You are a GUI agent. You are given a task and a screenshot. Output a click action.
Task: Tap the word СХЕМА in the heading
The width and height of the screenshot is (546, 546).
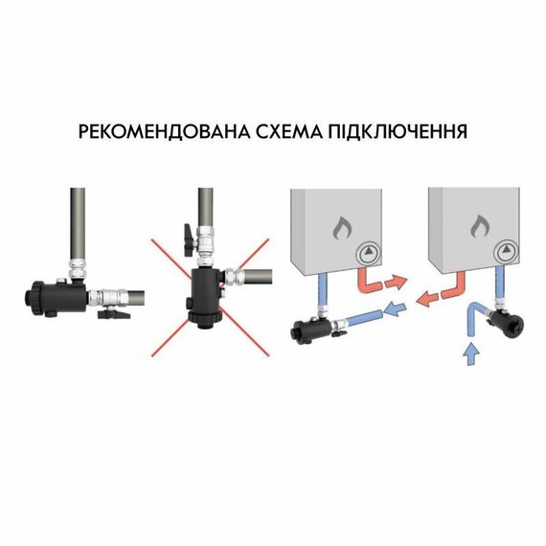coord(301,131)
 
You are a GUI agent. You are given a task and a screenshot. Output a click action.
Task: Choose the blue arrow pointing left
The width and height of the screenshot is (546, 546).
coord(395,308)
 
